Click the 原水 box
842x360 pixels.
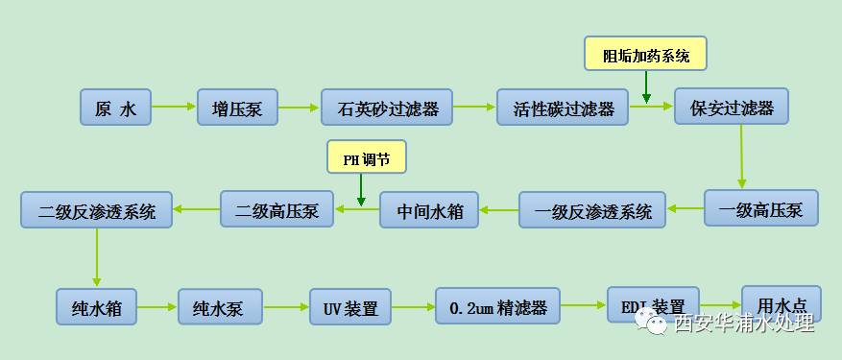116,108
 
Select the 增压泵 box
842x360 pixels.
237,108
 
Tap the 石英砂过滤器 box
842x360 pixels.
387,108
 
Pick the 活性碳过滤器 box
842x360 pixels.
562,108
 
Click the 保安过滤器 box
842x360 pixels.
732,107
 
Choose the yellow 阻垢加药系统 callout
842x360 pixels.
646,55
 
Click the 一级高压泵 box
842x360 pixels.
761,207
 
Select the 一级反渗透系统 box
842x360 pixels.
592,210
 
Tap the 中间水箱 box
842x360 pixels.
429,210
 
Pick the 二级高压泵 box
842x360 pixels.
277,208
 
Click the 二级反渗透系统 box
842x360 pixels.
97,209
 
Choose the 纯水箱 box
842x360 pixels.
95,308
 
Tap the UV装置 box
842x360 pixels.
350,308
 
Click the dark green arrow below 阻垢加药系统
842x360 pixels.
646,88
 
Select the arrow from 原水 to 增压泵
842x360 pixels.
173,107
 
